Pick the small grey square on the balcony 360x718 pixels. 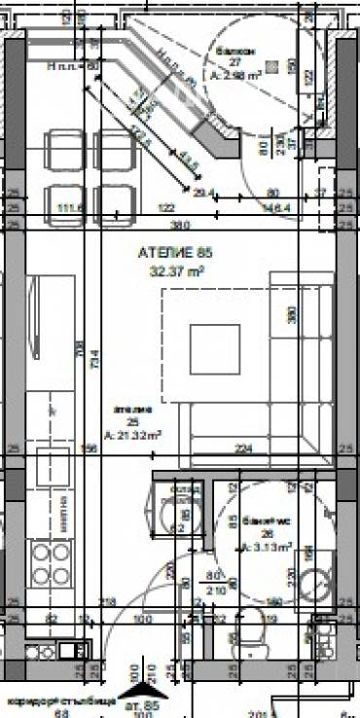click(273, 66)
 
